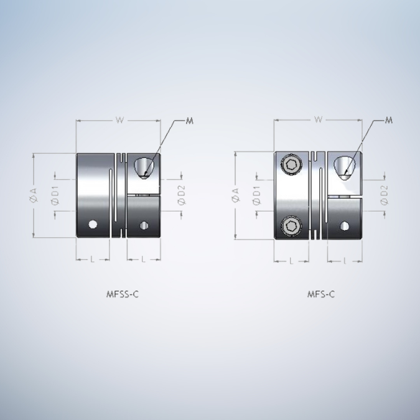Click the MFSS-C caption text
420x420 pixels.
122,294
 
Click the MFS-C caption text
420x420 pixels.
321,294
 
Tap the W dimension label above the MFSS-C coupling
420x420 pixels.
118,120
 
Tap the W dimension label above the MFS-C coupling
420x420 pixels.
318,120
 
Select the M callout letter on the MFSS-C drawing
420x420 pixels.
190,121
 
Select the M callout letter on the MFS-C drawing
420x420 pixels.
389,120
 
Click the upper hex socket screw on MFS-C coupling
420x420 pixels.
291,164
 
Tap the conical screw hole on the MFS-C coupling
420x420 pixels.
343,167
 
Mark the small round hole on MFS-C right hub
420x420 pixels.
345,225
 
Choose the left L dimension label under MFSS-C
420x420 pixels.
92,259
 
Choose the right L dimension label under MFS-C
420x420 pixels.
345,261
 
